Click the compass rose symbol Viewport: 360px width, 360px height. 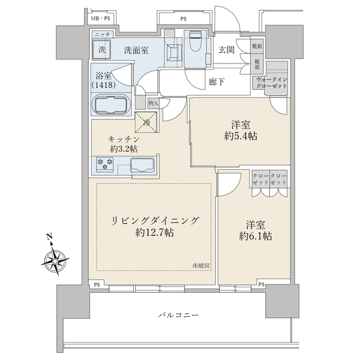54,260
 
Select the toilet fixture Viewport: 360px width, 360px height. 195,43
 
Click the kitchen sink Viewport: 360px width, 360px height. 143,166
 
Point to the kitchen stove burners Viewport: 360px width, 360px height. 106,163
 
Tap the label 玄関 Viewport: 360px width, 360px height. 227,50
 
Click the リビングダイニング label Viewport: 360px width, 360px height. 154,221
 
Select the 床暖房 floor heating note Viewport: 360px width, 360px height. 201,265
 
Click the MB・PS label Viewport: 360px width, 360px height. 101,19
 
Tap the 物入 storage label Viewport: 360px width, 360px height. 152,103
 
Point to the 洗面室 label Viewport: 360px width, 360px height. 136,50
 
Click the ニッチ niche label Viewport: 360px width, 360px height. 101,35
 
